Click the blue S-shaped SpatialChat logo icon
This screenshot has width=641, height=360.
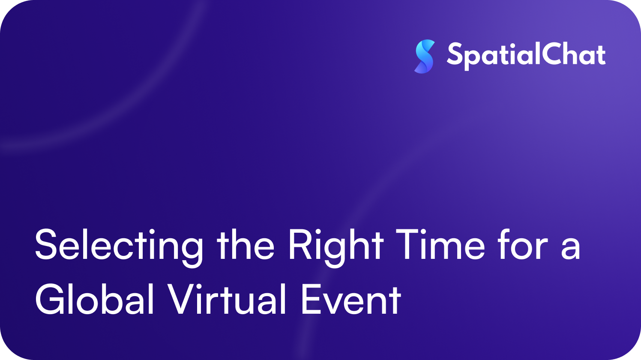[425, 57]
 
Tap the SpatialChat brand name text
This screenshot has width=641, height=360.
[526, 55]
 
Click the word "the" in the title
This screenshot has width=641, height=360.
[246, 244]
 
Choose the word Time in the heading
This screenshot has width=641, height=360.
[440, 245]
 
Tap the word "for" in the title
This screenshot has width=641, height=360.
[523, 244]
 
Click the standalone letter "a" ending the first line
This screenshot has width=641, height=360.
[571, 249]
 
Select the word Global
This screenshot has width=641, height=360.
[95, 299]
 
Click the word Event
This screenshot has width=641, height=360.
[351, 300]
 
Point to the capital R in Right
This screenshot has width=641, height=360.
[300, 245]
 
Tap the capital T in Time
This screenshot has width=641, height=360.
[408, 245]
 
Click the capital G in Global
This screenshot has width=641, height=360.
[50, 300]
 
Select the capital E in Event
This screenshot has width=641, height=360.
[312, 300]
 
